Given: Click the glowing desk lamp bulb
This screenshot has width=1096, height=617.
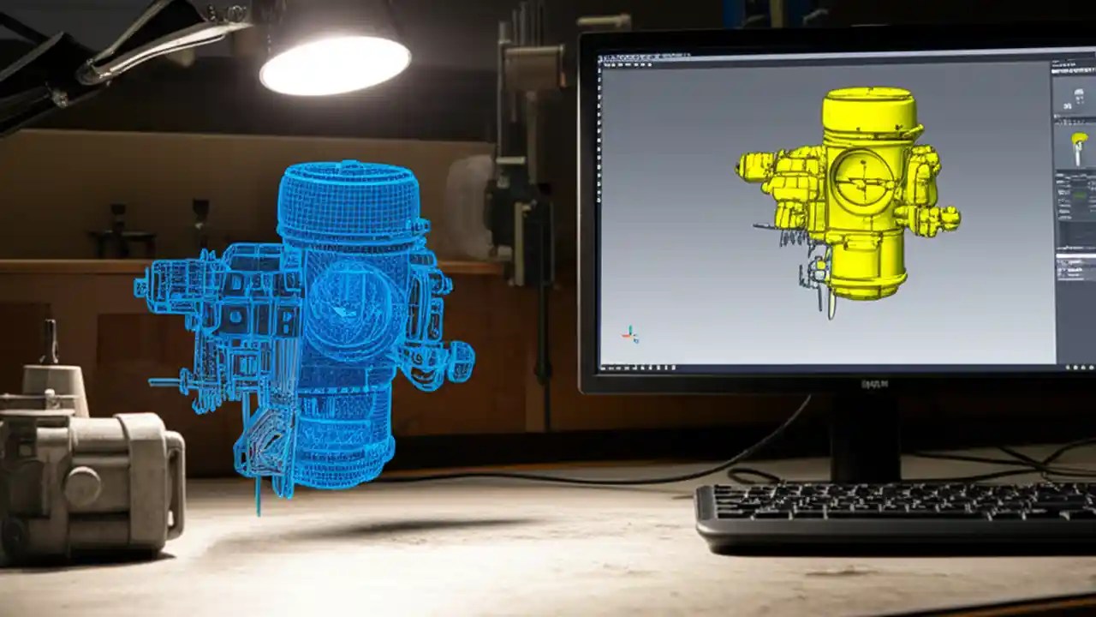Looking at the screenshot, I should (x=335, y=64).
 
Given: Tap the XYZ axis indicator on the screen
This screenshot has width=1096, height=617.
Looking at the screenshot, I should (x=630, y=334).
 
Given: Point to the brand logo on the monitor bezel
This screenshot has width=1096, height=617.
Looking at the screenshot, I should (x=874, y=383).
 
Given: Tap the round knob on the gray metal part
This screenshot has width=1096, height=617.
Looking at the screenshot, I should (x=82, y=486).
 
